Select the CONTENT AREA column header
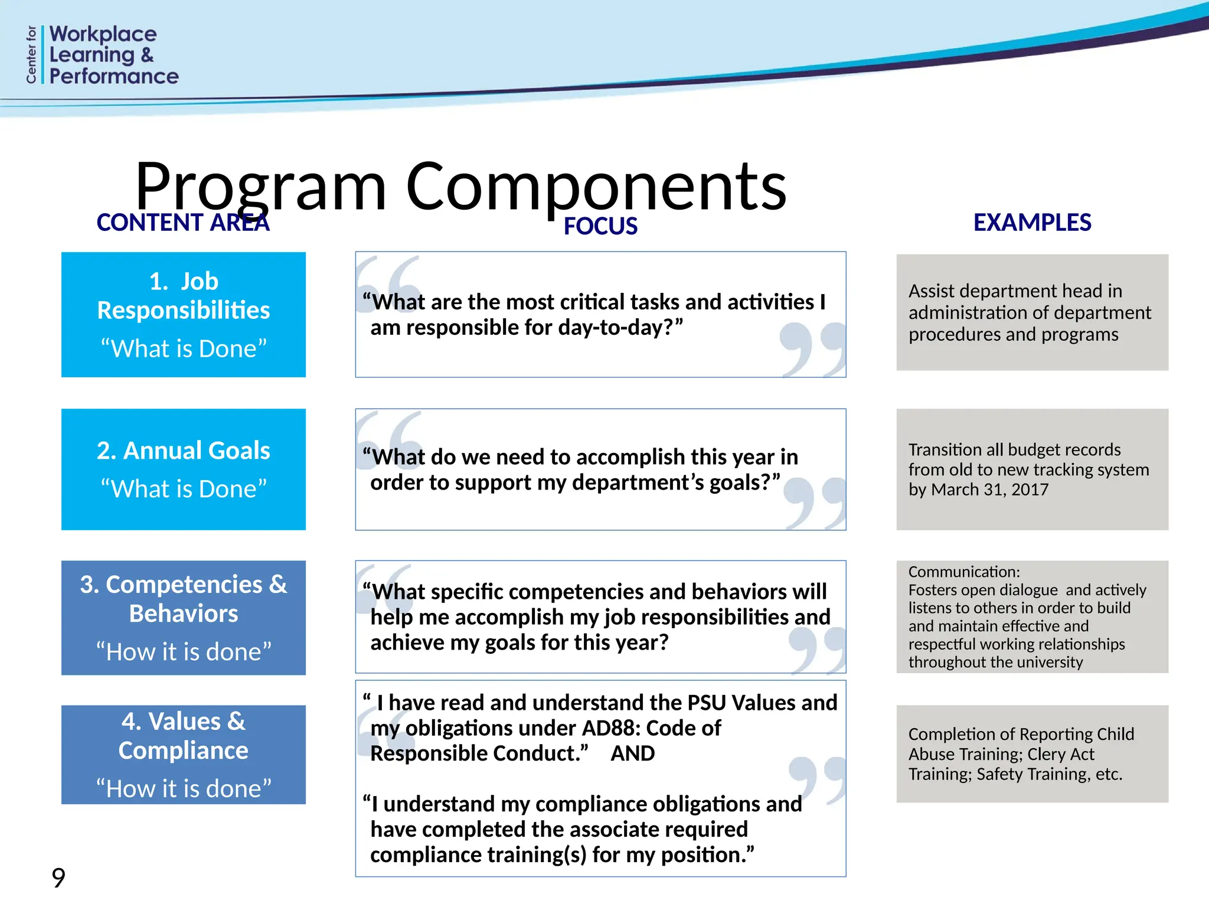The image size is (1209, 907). point(183,223)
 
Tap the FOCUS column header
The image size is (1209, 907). point(600,226)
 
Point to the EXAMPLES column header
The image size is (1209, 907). point(1032,223)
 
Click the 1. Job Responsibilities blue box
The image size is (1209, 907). point(184,314)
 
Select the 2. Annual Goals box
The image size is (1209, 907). point(184,469)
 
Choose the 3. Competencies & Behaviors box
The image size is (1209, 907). point(184,617)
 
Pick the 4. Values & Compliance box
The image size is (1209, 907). point(184,754)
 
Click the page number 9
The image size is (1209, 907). point(58,878)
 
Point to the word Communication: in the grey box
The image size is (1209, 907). point(964,572)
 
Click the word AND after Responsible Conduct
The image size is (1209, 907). point(633,753)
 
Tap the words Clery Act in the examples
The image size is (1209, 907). point(1060,754)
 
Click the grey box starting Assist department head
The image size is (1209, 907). point(1032,312)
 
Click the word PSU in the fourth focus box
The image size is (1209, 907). point(705,703)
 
